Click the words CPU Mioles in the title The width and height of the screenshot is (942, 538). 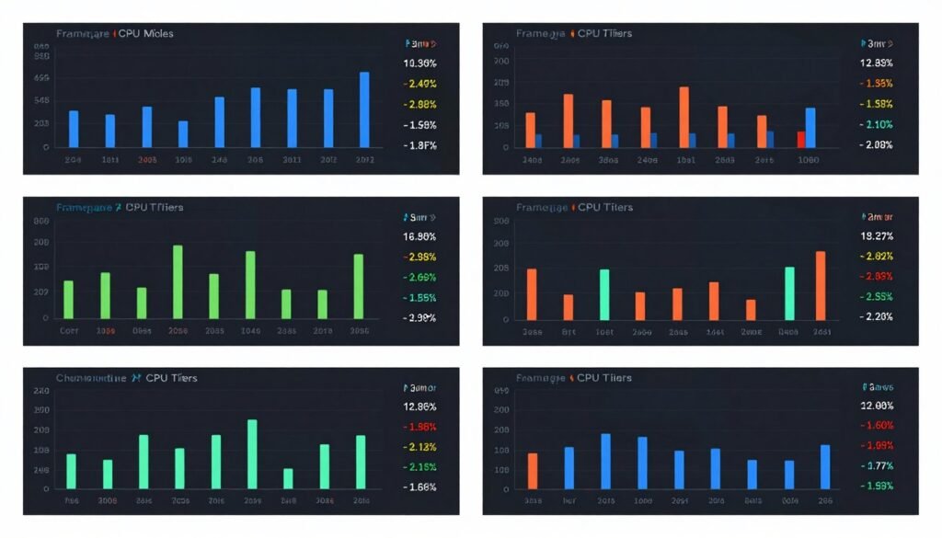(x=146, y=34)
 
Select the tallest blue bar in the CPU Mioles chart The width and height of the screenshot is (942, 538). (x=364, y=109)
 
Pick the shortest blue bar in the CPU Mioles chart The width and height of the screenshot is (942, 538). (x=183, y=134)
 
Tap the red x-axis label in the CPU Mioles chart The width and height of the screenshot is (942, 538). (x=147, y=160)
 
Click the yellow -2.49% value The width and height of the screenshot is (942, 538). (x=420, y=84)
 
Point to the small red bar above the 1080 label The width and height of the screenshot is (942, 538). (x=801, y=139)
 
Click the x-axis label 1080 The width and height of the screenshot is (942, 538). (x=809, y=160)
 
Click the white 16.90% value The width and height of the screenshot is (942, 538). (x=419, y=236)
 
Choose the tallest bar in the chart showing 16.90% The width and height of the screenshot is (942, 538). (x=178, y=281)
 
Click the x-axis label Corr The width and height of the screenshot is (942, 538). (x=68, y=331)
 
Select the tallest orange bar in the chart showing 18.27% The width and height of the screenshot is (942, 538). (x=820, y=285)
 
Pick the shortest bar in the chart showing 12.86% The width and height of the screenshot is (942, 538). (x=288, y=478)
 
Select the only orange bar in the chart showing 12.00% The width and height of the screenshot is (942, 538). (x=533, y=471)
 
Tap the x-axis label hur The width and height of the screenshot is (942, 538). (x=569, y=502)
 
